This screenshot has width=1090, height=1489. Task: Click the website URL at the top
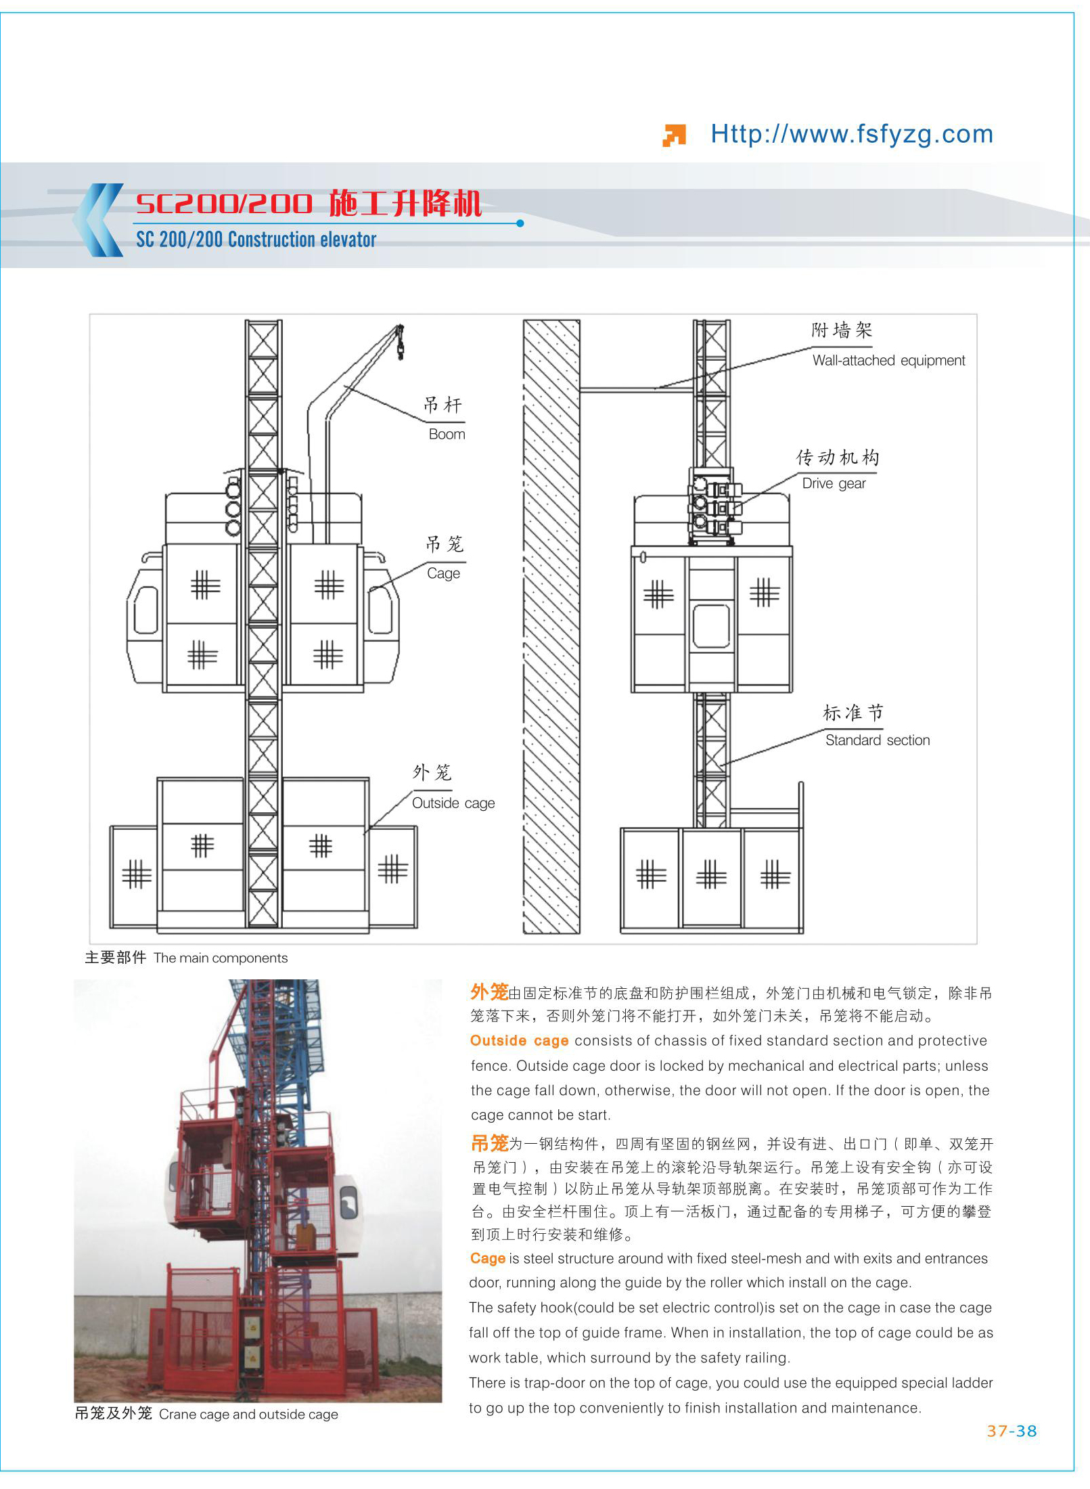851,134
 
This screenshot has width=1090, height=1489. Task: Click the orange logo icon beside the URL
674,135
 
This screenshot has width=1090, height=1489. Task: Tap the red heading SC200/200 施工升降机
309,203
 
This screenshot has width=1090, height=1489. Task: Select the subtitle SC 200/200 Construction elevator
256,240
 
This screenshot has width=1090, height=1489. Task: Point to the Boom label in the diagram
447,434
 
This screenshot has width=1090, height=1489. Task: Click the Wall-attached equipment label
888,360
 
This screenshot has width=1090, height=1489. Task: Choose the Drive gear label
834,483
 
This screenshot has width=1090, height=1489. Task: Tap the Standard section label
878,740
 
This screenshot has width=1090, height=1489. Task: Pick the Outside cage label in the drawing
453,803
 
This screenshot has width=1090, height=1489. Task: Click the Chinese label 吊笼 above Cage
445,544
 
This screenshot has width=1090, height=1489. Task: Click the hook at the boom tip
400,342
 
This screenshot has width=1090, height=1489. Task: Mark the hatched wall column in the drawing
551,627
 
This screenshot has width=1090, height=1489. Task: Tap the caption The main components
221,958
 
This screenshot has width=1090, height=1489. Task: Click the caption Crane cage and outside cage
248,1414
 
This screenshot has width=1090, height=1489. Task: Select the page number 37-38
1012,1431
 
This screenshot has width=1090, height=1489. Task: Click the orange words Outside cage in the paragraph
519,1040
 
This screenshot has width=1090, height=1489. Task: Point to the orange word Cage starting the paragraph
488,1258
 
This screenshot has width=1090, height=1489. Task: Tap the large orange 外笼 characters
489,992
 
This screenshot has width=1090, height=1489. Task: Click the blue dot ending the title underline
520,223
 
